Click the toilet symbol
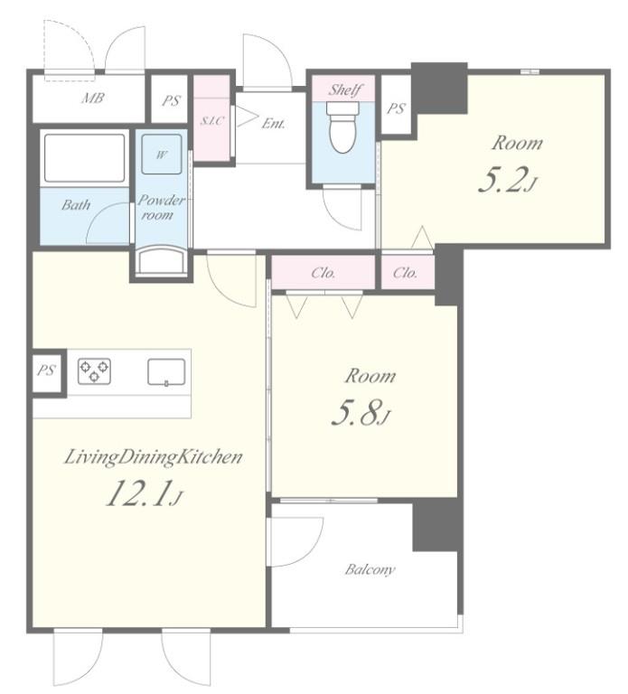point(342,127)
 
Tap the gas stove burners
point(94,370)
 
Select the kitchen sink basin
point(166,372)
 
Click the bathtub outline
point(85,157)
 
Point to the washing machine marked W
point(162,154)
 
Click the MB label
point(93,98)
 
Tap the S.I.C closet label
point(212,120)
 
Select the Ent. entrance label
point(273,124)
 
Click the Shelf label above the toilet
point(344,89)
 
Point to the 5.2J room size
point(507,182)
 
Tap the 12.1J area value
point(144,494)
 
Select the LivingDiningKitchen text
point(153,457)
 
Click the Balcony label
point(370,569)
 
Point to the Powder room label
point(161,207)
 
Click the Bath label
point(76,204)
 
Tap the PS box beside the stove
point(46,370)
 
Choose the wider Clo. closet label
point(323,273)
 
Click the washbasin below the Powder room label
point(161,261)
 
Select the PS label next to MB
point(171,100)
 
